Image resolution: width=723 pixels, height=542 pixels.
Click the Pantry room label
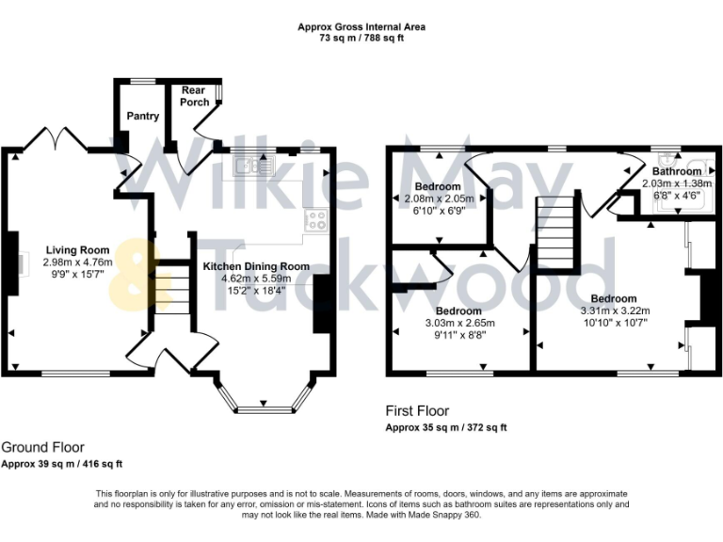143,116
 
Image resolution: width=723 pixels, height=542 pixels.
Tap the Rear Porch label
194,96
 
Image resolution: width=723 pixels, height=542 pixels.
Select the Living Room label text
78,250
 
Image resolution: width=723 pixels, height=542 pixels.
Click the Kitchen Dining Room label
256,266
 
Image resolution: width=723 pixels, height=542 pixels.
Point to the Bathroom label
677,171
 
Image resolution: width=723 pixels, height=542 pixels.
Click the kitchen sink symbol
254,166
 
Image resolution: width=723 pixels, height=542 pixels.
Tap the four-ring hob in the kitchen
316,220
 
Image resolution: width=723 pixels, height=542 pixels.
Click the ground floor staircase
172,288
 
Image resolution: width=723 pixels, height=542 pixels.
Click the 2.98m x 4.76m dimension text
78,263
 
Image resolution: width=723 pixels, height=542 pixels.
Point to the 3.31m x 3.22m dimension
615,311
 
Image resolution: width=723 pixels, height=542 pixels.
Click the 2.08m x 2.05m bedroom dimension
439,199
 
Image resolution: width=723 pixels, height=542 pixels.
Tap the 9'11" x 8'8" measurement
459,335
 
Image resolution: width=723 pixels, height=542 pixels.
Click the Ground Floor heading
43,448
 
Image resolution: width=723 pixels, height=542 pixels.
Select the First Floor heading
417,410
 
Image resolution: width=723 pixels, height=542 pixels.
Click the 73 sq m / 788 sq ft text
361,39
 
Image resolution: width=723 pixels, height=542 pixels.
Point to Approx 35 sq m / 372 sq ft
446,428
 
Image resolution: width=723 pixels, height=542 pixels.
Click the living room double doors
56,137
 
